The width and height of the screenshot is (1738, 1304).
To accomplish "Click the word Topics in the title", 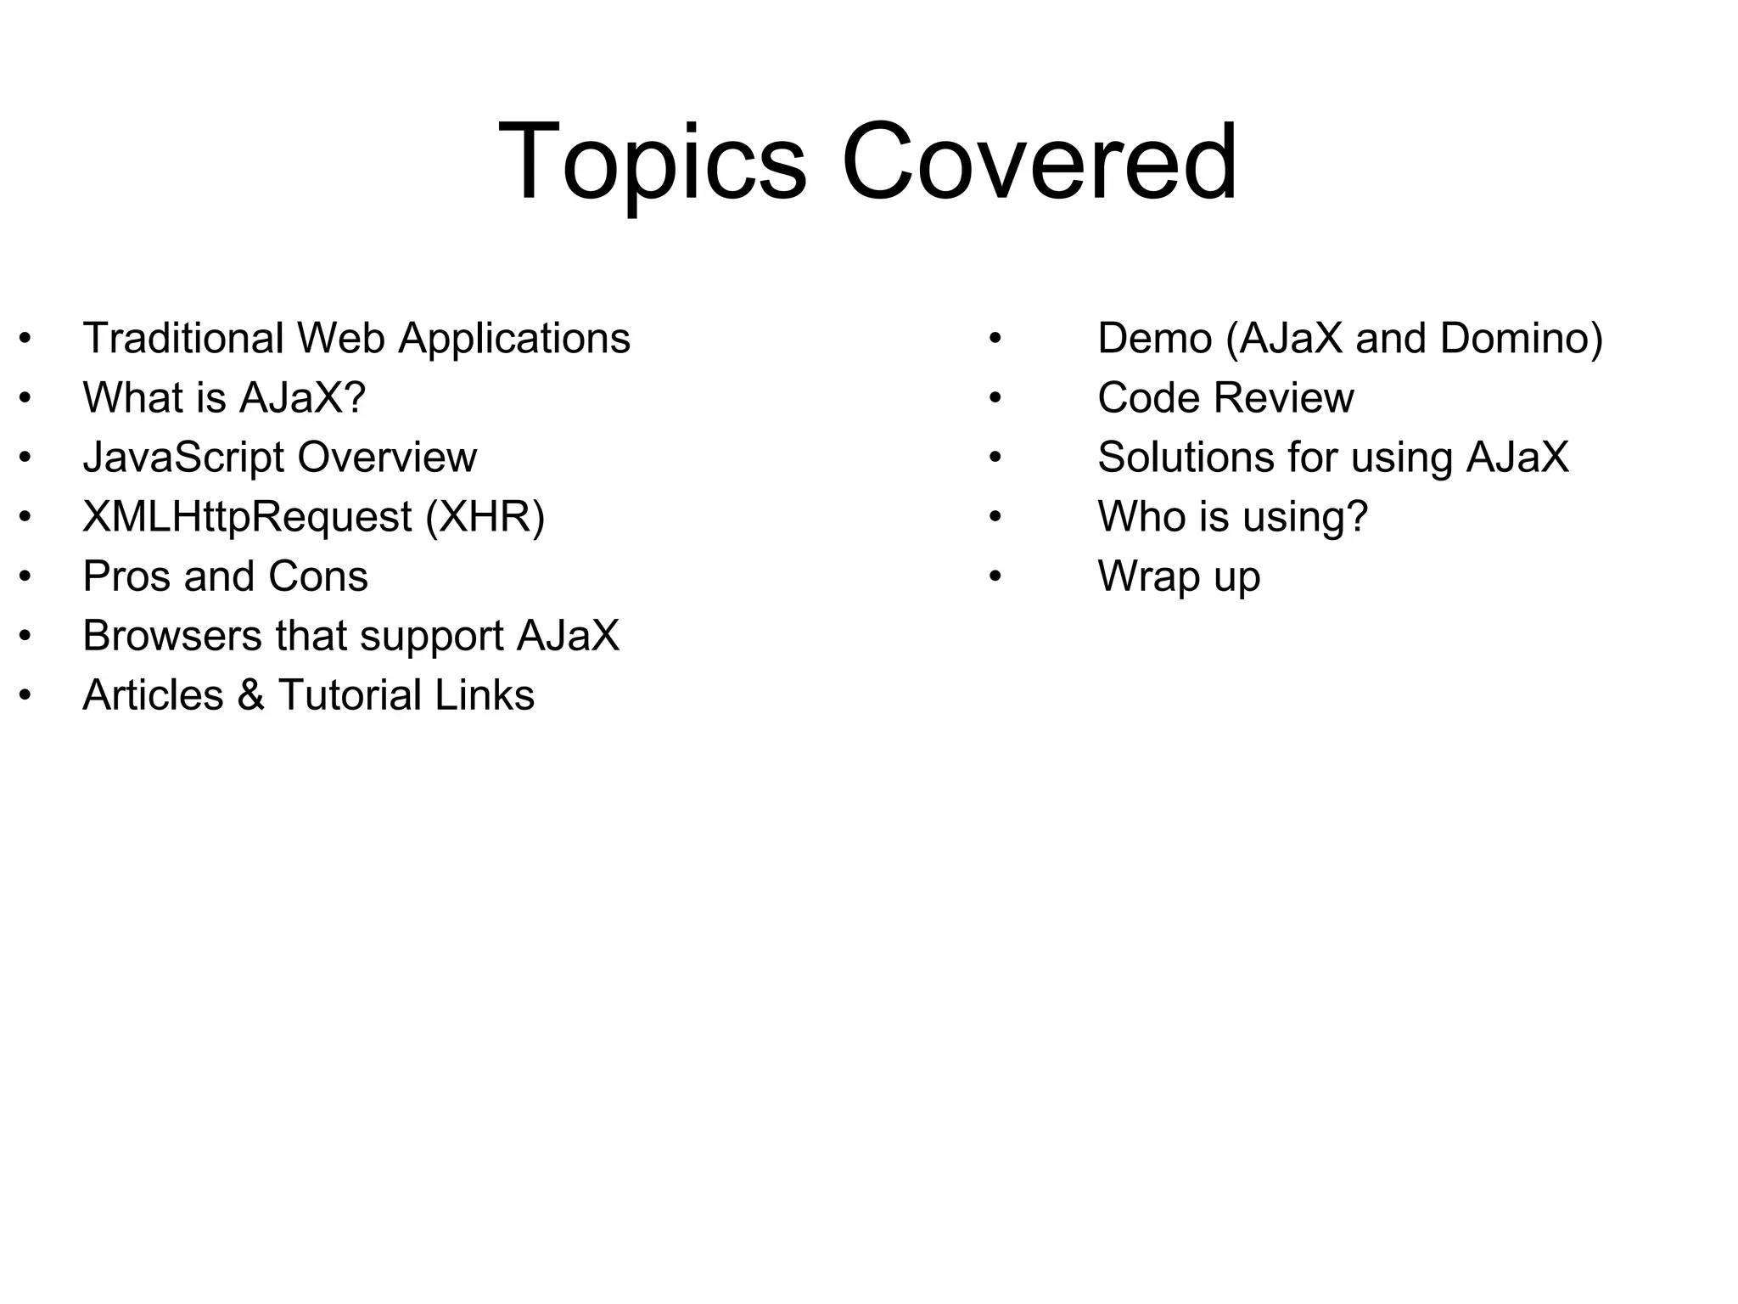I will (652, 163).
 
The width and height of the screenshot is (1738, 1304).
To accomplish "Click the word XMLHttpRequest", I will (247, 518).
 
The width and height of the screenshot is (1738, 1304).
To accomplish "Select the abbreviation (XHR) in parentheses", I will (485, 518).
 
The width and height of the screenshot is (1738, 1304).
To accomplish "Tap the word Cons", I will (318, 576).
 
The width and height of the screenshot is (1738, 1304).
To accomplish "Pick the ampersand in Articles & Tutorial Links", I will (250, 695).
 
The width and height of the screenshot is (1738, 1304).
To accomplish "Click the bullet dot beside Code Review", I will (995, 398).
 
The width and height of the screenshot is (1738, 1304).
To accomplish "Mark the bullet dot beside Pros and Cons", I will (25, 576).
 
